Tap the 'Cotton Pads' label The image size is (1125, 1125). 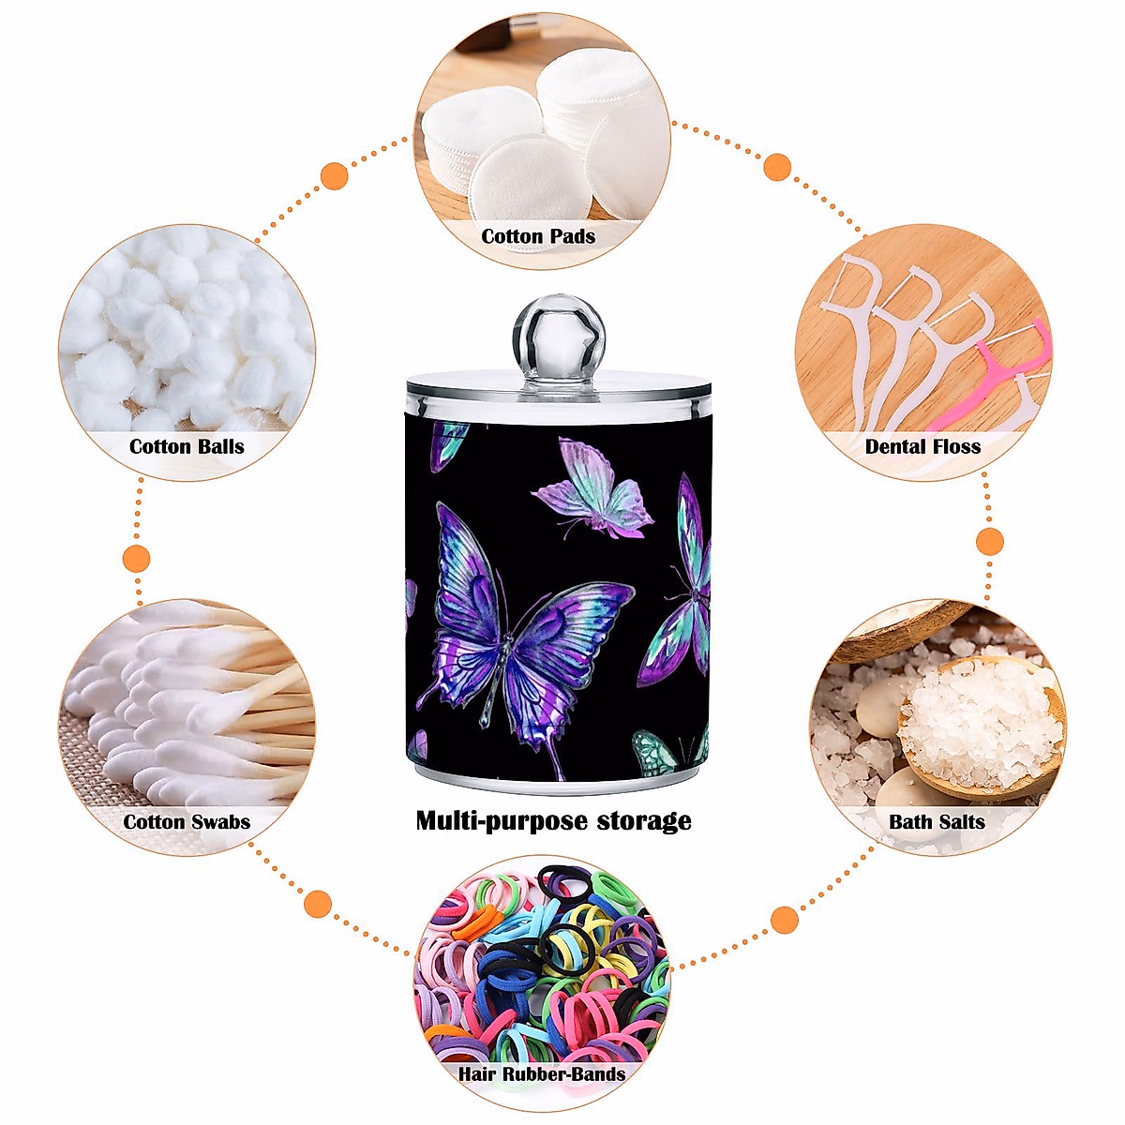pyautogui.click(x=538, y=236)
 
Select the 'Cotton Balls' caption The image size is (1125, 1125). pyautogui.click(x=187, y=446)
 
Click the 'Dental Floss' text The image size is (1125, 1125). pyautogui.click(x=922, y=446)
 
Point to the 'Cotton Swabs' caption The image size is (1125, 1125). pyautogui.click(x=187, y=822)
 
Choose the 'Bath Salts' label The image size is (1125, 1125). pyautogui.click(x=937, y=822)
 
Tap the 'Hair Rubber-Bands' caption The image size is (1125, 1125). pyautogui.click(x=542, y=1073)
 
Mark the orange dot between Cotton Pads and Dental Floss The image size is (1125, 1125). pyautogui.click(x=777, y=168)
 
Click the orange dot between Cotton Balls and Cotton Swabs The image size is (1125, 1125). pyautogui.click(x=137, y=558)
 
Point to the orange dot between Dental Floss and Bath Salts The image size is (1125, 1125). pyautogui.click(x=990, y=541)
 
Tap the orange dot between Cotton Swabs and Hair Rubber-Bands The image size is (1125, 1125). pyautogui.click(x=319, y=904)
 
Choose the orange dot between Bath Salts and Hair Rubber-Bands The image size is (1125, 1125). pyautogui.click(x=785, y=919)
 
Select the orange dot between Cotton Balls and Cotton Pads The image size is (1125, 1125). pyautogui.click(x=335, y=175)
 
